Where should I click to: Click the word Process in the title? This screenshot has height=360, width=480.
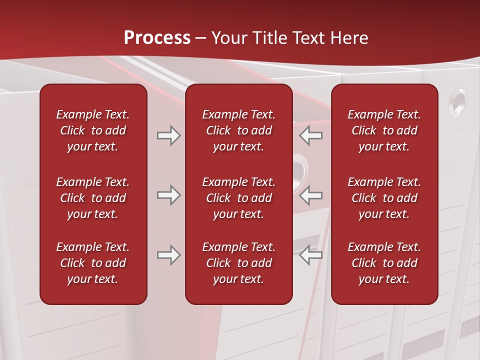(x=157, y=38)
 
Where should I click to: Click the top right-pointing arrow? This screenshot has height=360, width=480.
(x=168, y=135)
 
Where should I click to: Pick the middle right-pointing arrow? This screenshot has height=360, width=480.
(x=168, y=195)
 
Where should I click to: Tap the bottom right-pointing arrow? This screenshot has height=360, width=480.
(x=168, y=255)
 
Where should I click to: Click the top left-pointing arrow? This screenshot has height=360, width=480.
(x=310, y=135)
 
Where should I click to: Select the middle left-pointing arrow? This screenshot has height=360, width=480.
(x=310, y=195)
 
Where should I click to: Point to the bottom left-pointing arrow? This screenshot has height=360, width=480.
(x=310, y=255)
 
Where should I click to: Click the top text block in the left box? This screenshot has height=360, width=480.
(x=93, y=130)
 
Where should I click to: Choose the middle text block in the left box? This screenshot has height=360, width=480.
(x=93, y=198)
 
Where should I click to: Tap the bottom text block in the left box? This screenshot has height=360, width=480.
(x=93, y=263)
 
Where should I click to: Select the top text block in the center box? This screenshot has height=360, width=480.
(x=238, y=130)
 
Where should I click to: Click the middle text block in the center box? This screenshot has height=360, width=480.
(x=238, y=198)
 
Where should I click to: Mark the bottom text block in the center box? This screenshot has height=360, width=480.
(x=238, y=263)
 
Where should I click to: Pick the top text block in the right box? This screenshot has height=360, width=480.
(x=384, y=130)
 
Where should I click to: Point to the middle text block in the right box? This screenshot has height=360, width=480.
(x=384, y=198)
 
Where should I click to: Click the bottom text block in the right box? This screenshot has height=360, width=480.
(x=384, y=263)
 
